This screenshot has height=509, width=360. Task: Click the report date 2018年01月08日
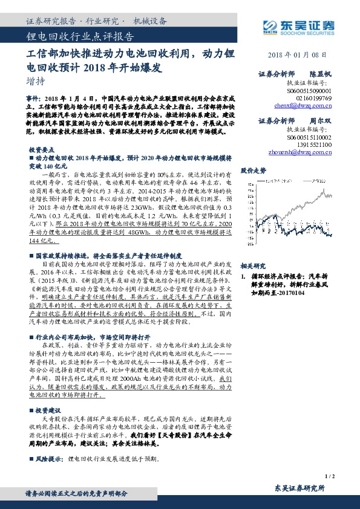(x=301, y=54)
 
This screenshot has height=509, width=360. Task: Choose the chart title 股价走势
(x=253, y=170)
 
